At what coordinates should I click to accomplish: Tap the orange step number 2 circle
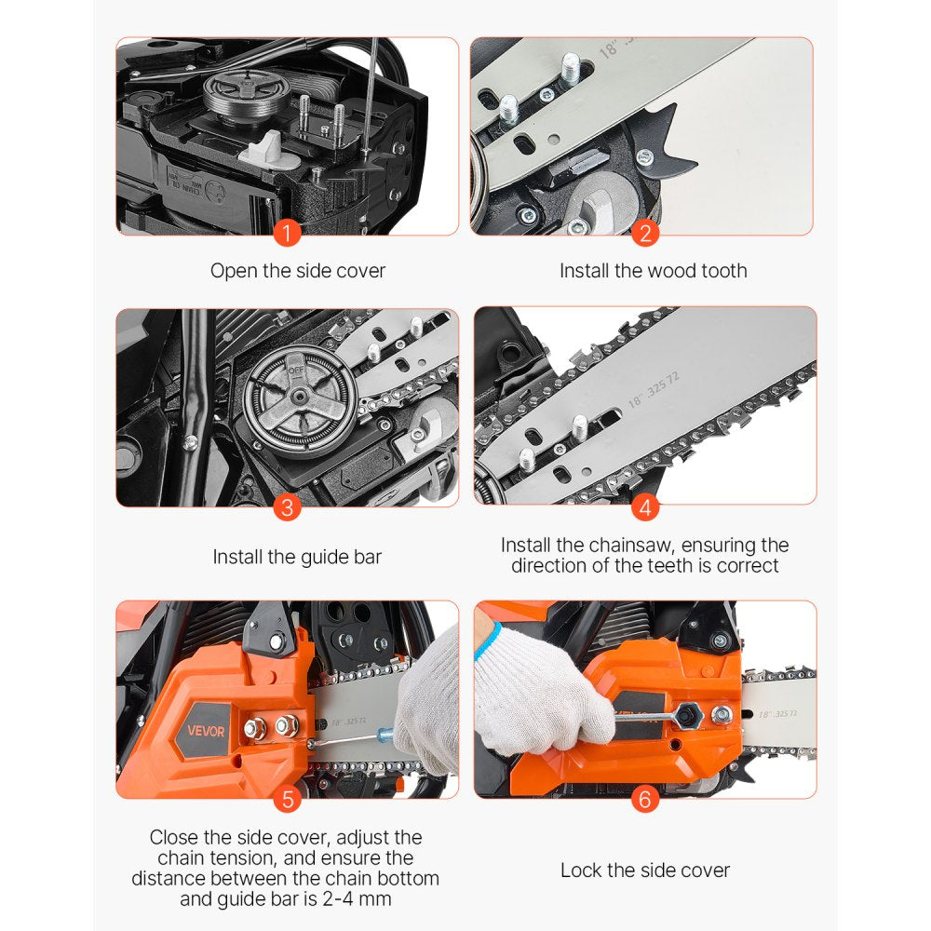[x=644, y=231]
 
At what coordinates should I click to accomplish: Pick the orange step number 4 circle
[x=644, y=507]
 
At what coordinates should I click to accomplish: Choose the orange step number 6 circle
[x=644, y=798]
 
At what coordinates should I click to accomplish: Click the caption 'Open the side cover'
[x=297, y=271]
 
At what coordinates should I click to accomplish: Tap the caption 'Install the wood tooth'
[x=653, y=271]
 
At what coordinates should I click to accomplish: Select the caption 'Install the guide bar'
[x=297, y=557]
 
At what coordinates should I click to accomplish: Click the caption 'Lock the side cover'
[x=644, y=870]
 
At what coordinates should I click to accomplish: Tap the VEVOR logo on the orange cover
[x=204, y=731]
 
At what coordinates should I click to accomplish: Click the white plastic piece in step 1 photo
[x=267, y=147]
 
